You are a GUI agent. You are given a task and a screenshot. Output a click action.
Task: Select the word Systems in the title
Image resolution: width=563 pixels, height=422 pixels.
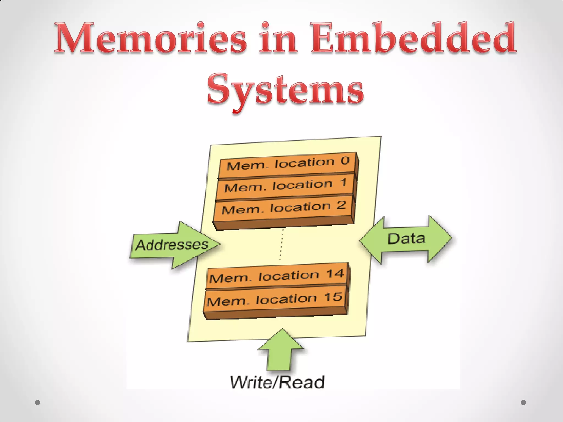tap(285, 89)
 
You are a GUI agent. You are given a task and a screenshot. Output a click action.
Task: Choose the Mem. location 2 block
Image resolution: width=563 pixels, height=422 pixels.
tap(283, 208)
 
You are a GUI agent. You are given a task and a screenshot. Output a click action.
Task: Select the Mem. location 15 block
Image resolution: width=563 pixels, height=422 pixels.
tap(274, 299)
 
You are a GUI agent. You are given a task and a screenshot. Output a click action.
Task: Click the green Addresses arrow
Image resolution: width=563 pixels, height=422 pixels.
tap(173, 245)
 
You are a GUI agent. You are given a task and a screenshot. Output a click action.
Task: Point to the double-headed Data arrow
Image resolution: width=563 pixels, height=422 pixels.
tap(406, 239)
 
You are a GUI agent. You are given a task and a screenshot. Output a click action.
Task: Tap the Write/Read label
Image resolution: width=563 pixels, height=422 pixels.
tap(277, 382)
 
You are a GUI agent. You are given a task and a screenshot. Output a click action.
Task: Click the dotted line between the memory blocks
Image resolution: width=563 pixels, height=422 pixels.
tap(281, 245)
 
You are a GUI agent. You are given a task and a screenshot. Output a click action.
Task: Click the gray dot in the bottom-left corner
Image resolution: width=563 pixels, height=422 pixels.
tap(38, 402)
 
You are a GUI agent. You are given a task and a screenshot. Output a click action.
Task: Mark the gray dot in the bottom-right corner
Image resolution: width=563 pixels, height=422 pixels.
tap(523, 402)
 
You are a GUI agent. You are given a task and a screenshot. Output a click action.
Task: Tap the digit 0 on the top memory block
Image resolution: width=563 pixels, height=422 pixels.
tap(345, 160)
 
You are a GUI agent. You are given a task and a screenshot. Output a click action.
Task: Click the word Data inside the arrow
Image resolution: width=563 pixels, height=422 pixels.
tap(406, 238)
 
